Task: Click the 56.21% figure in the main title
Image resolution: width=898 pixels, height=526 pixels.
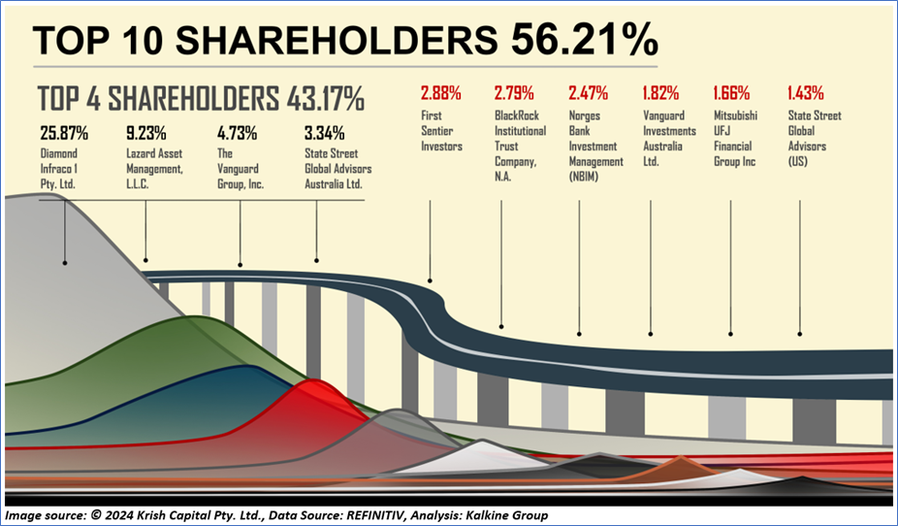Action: coord(582,41)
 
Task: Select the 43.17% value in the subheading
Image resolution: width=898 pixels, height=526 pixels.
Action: coord(325,99)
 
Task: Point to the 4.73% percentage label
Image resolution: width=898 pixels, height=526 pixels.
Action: coord(236,133)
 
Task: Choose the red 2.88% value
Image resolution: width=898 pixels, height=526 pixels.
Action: coord(440,94)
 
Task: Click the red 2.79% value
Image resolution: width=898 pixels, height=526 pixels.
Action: coord(514,94)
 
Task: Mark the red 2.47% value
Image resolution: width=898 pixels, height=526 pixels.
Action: coord(588,94)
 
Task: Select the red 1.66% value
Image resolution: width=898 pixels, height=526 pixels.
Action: coord(732,94)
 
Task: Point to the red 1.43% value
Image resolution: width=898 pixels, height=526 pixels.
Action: coord(805,94)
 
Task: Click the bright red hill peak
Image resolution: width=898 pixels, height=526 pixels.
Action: coord(312,385)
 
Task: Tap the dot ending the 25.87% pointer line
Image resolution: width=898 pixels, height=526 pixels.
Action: coord(64,262)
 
